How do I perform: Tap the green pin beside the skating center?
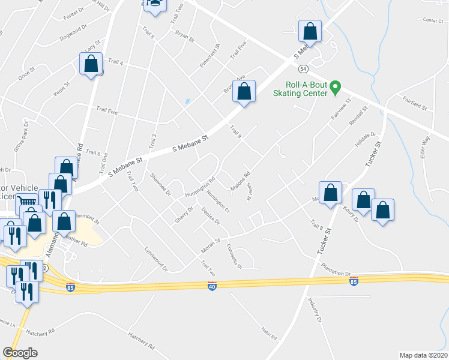click(337, 88)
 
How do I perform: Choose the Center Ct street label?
click(432, 20)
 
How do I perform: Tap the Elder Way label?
click(426, 147)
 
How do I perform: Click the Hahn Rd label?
click(268, 333)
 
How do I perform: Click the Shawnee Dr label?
click(160, 185)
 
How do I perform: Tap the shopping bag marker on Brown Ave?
click(244, 92)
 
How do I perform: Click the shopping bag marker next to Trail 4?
click(91, 64)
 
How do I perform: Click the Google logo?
click(20, 352)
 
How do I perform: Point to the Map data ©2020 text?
click(423, 355)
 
